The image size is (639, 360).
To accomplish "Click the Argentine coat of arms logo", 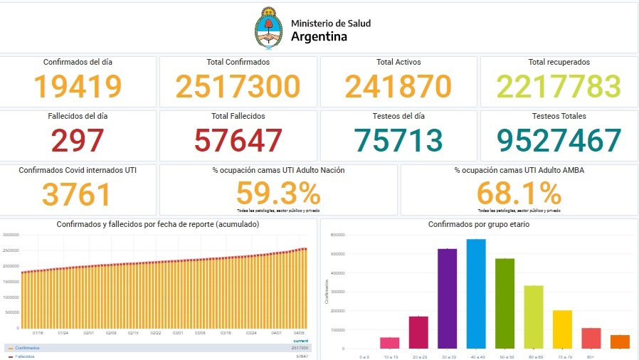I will pyautogui.click(x=269, y=28).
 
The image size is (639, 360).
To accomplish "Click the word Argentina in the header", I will pyautogui.click(x=319, y=36).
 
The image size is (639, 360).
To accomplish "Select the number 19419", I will pyautogui.click(x=78, y=87).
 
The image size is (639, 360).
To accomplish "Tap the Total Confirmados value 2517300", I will pyautogui.click(x=238, y=87).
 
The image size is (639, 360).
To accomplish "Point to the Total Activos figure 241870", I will pyautogui.click(x=398, y=87).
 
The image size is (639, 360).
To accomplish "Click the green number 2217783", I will pyautogui.click(x=559, y=87).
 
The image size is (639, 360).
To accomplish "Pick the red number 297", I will pyautogui.click(x=78, y=140).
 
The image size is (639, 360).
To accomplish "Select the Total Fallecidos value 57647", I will pyautogui.click(x=238, y=140).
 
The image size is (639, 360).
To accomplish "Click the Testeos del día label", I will pyautogui.click(x=398, y=116).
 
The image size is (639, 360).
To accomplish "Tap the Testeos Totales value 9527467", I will pyautogui.click(x=559, y=140).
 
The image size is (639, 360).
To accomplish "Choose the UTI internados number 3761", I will pyautogui.click(x=78, y=194).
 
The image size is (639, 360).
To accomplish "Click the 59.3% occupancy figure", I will pyautogui.click(x=278, y=193).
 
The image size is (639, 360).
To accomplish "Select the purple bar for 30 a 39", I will pyautogui.click(x=447, y=298).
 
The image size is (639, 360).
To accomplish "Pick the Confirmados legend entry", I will pyautogui.click(x=26, y=348).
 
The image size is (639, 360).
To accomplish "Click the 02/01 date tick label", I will pyautogui.click(x=89, y=332).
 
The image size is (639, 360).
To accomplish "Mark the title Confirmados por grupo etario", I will pyautogui.click(x=477, y=224).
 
